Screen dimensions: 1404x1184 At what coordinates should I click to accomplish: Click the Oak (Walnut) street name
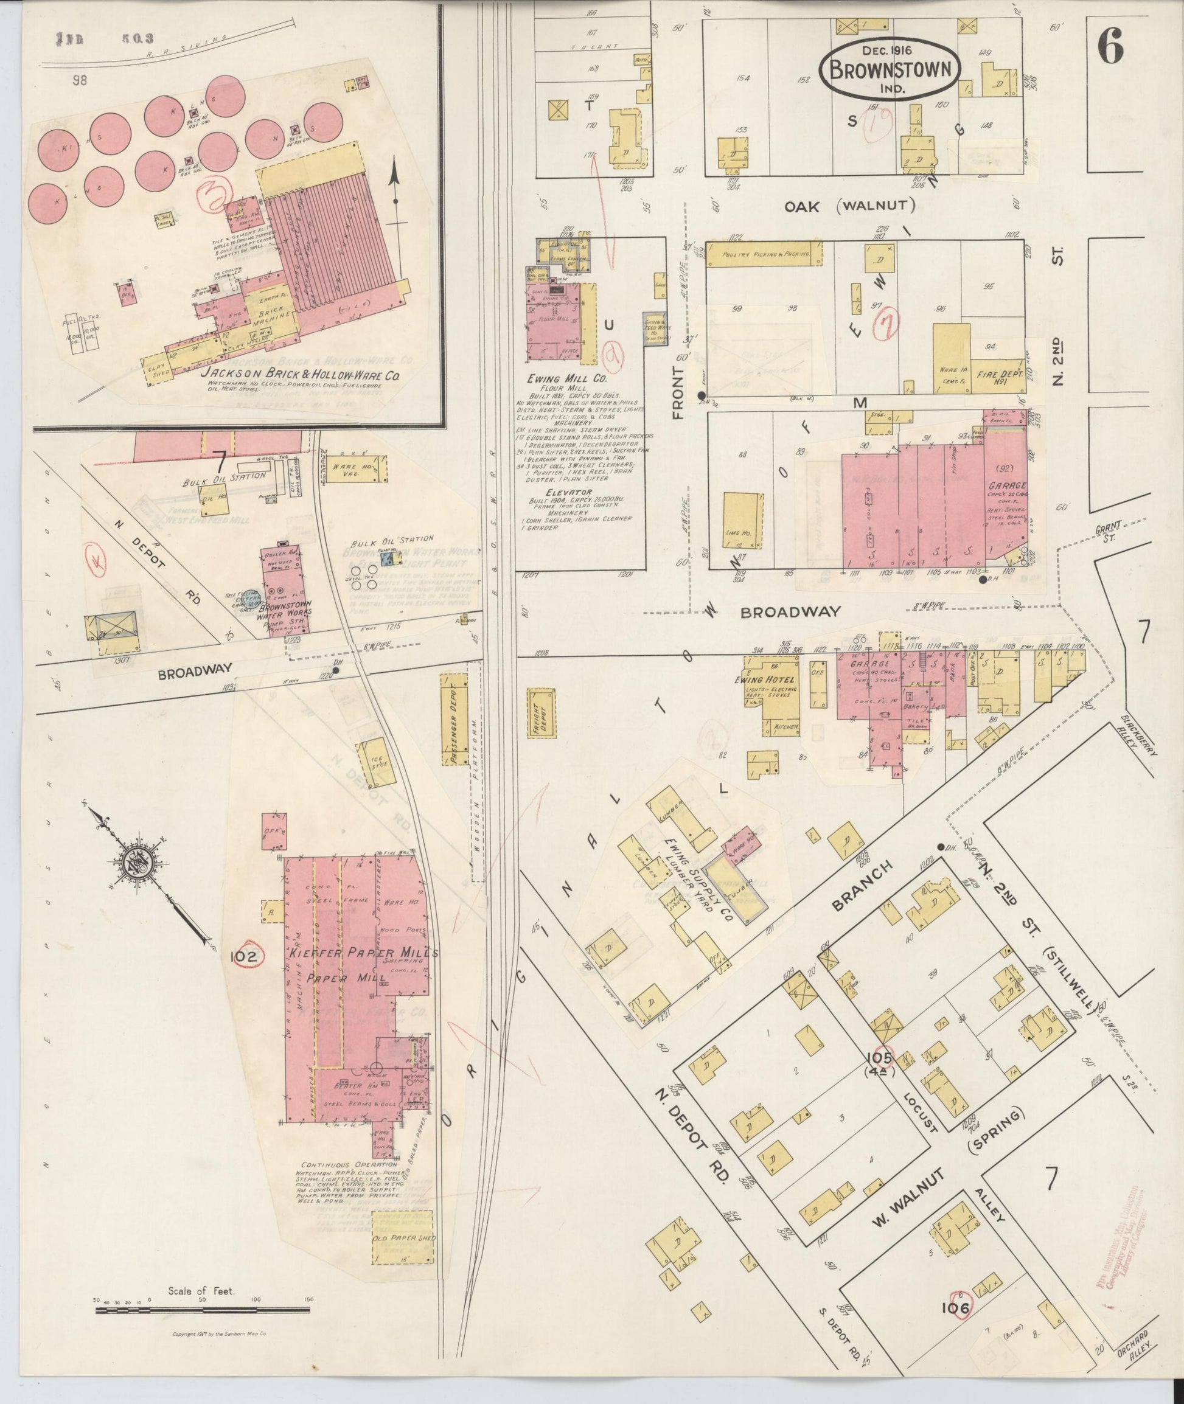coord(851,206)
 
